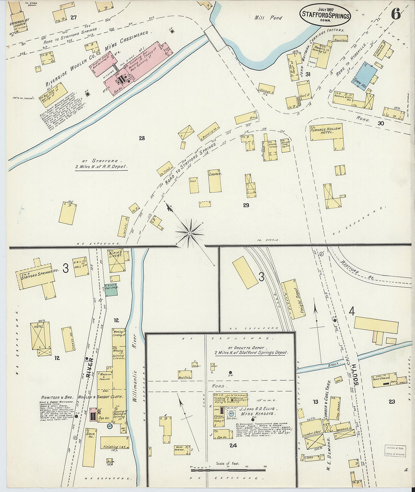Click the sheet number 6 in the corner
point(395,14)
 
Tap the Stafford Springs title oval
point(325,15)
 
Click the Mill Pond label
point(268,17)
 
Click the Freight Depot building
point(294,299)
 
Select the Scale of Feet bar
point(228,470)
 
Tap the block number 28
point(141,138)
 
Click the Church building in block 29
point(215,181)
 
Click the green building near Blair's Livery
point(111,290)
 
